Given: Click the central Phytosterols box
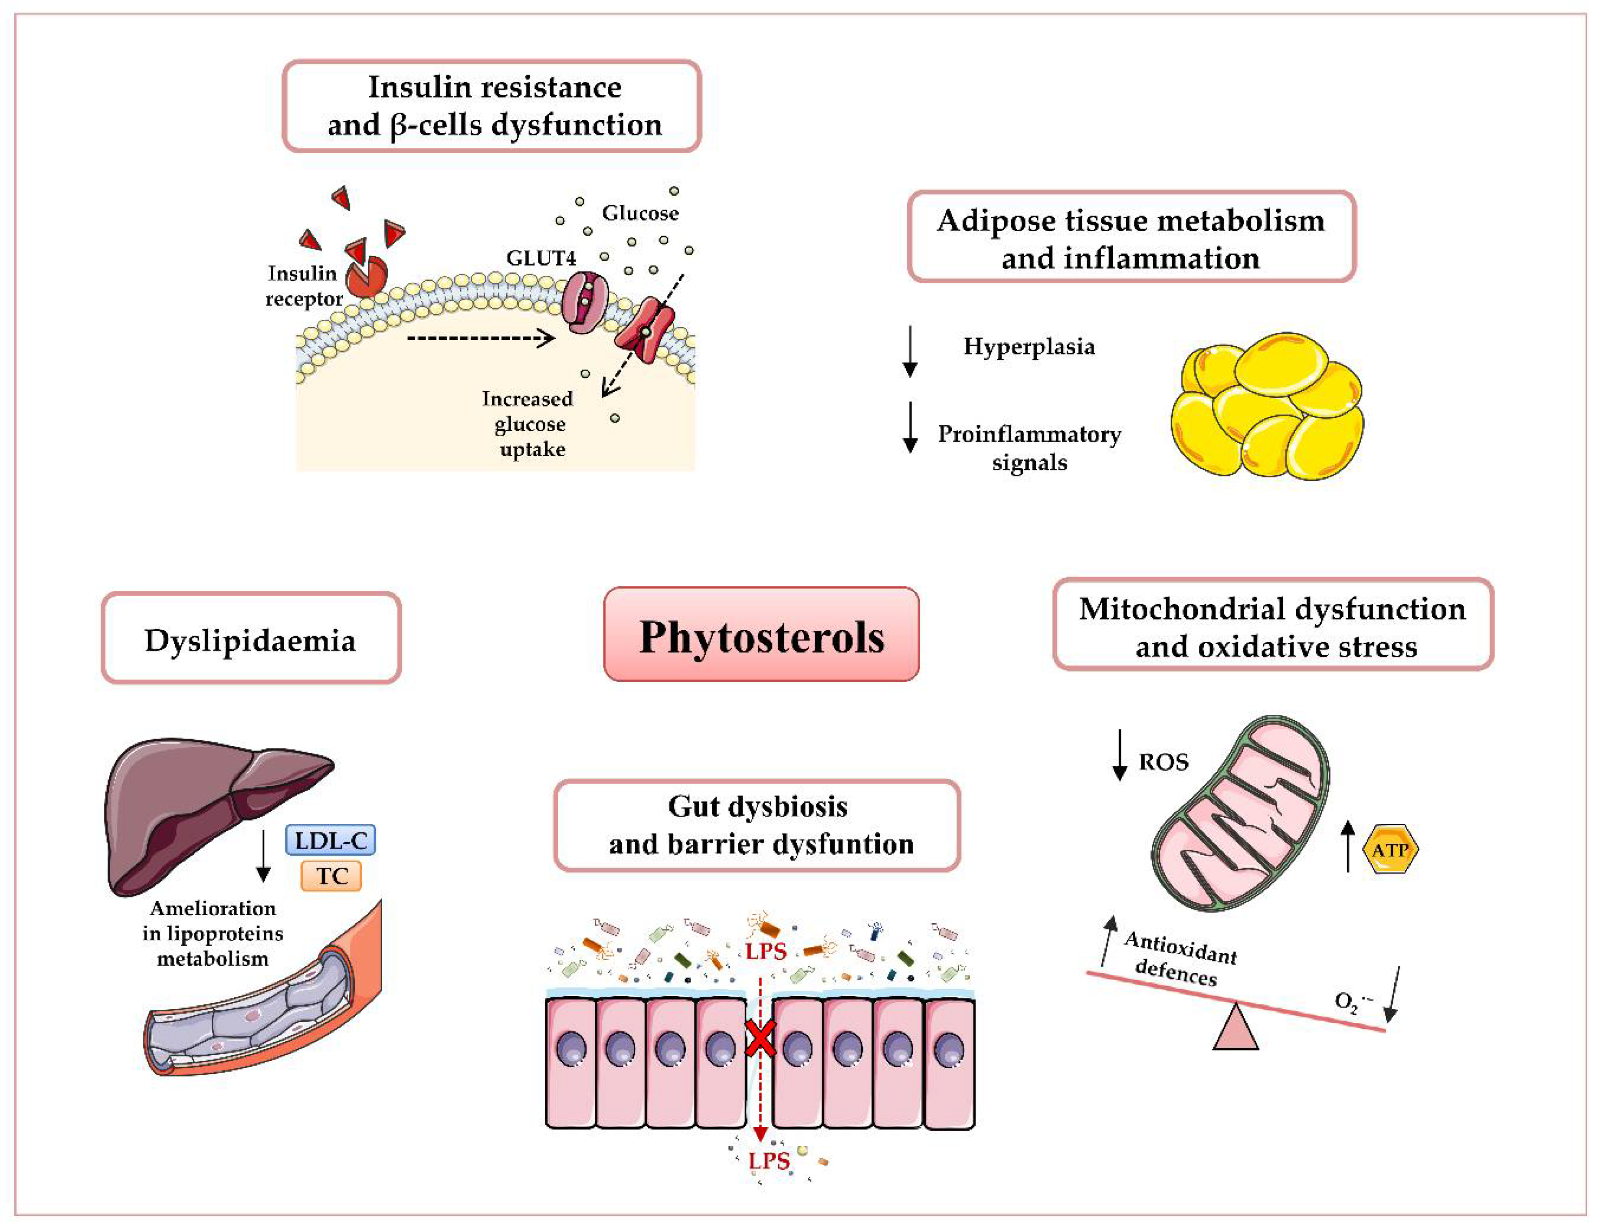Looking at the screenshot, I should pyautogui.click(x=761, y=635).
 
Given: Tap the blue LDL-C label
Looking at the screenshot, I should pyautogui.click(x=330, y=840).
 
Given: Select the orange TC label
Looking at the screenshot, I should pyautogui.click(x=331, y=876).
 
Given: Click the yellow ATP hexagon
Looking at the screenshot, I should pyautogui.click(x=1389, y=850).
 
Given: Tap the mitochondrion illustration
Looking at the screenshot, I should pyautogui.click(x=1241, y=814).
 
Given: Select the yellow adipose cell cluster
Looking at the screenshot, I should pyautogui.click(x=1267, y=407).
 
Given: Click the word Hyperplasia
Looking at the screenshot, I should pyautogui.click(x=1029, y=346).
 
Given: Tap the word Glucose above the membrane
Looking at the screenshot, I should pyautogui.click(x=639, y=213).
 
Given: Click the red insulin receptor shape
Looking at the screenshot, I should pyautogui.click(x=366, y=276).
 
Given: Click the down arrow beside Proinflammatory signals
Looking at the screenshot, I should pyautogui.click(x=910, y=427).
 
